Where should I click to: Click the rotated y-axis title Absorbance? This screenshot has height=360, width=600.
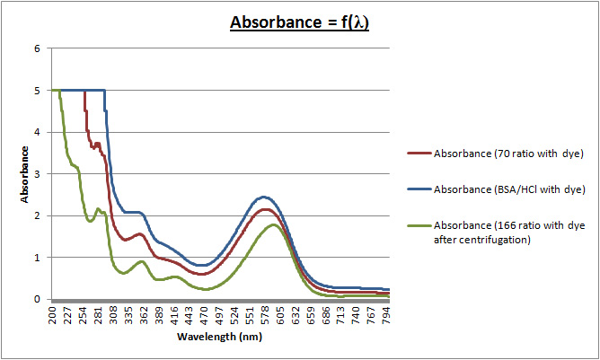click(27, 174)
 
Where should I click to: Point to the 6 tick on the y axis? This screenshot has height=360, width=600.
click(38, 48)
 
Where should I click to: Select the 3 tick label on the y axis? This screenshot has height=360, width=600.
click(38, 174)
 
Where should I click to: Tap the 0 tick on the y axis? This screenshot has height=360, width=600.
click(38, 299)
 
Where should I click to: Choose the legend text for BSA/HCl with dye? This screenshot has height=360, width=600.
click(509, 189)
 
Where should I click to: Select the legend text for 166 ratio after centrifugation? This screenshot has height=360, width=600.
click(507, 232)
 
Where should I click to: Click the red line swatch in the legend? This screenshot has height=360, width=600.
click(419, 154)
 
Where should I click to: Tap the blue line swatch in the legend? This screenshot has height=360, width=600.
click(419, 189)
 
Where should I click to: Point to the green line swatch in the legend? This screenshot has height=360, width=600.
click(419, 225)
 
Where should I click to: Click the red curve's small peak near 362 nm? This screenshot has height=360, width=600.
click(140, 234)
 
